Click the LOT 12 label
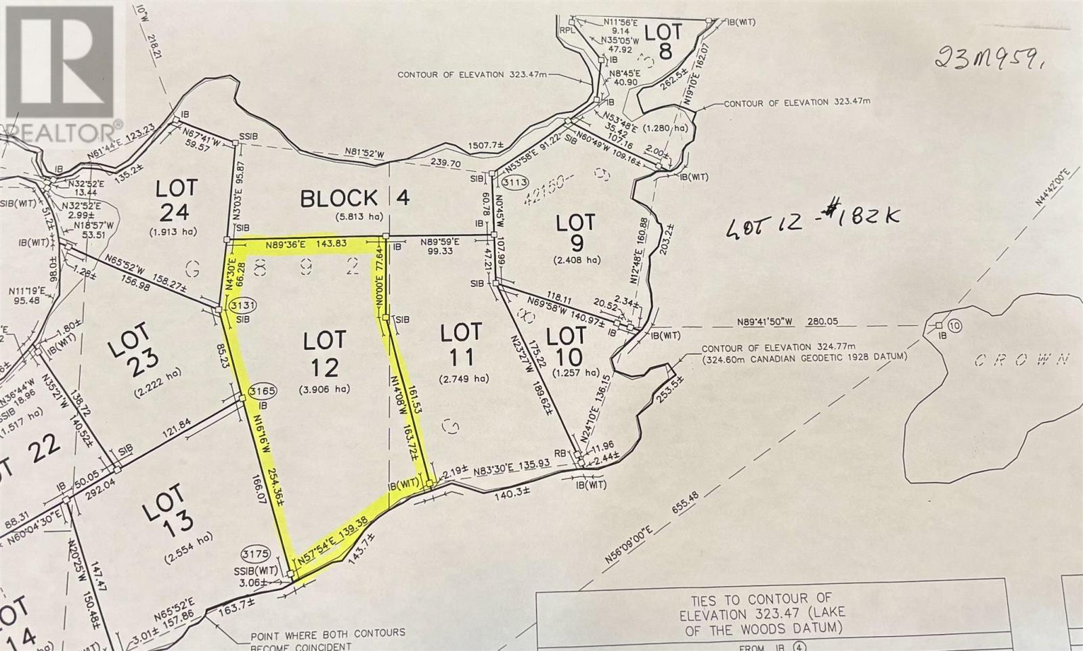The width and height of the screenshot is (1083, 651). coord(324,353)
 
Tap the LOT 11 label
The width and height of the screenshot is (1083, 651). coord(461,344)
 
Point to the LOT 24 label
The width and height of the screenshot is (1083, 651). coord(175,200)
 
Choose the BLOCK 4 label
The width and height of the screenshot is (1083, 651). coord(355,198)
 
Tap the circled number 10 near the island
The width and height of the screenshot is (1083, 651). coord(954,326)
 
